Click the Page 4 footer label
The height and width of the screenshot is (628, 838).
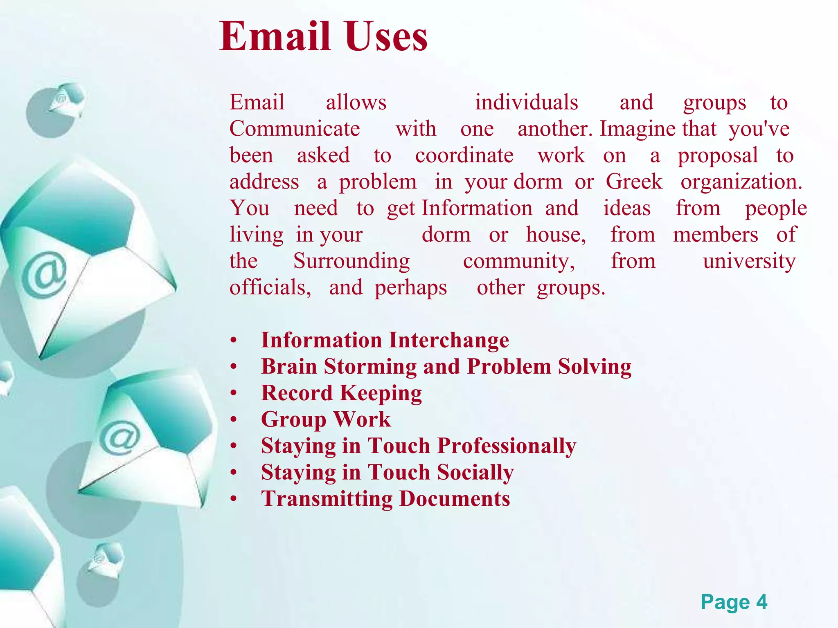pos(734,602)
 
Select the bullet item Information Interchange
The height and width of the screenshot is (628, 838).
pos(385,340)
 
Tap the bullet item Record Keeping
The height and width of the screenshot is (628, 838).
pos(341,393)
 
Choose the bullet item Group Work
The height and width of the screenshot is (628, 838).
pos(326,419)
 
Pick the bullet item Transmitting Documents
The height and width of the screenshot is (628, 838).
pos(385,499)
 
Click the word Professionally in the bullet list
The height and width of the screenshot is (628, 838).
pos(507,446)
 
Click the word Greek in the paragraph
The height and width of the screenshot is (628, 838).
pos(634,182)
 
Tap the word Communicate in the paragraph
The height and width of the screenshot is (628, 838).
pos(295,129)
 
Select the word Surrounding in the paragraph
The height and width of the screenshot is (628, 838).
pos(351,261)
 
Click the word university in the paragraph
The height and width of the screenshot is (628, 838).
pos(749,261)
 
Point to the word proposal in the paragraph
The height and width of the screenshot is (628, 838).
pos(718,156)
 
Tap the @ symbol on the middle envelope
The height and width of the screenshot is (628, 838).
pos(119,437)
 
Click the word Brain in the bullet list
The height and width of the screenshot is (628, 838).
pos(289,366)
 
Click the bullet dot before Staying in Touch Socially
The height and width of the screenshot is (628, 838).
pos(234,473)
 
